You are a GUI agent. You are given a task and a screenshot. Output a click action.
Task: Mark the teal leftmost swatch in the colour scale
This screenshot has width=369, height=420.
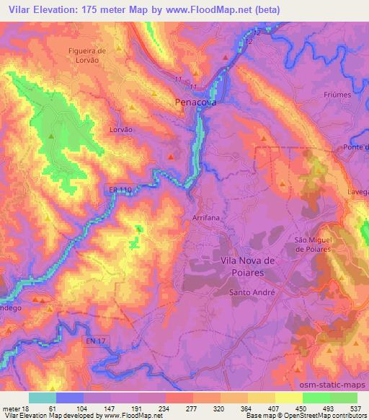(43, 397)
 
